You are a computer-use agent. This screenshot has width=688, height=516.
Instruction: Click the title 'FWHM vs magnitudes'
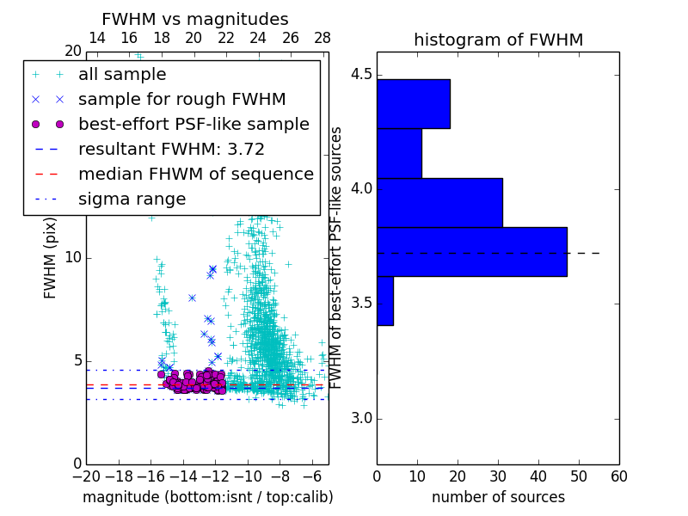[195, 19]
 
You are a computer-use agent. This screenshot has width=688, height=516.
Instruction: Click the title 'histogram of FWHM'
[498, 40]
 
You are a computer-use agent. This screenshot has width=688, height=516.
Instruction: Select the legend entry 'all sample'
[122, 75]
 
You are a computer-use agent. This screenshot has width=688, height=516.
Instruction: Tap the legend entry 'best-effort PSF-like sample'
[193, 124]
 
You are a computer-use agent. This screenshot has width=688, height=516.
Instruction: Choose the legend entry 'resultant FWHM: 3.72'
[171, 149]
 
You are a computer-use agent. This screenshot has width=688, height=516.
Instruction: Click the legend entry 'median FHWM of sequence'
[195, 174]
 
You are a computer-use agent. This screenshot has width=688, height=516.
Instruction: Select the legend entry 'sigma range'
[132, 199]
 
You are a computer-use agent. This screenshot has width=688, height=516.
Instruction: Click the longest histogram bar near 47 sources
[471, 252]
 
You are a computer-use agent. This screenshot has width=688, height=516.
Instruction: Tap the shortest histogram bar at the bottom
[384, 301]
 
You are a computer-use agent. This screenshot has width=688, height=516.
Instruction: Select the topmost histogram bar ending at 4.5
[413, 103]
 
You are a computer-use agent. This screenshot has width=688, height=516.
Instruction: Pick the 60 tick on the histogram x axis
[618, 475]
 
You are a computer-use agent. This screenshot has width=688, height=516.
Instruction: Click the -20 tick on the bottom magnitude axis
[86, 476]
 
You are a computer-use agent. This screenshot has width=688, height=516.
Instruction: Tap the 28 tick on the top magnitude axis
[322, 38]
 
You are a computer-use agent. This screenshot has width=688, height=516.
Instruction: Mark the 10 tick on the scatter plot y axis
[74, 258]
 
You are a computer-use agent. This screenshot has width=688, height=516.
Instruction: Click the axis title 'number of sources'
[498, 497]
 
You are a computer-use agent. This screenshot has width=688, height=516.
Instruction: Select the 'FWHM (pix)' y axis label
[51, 258]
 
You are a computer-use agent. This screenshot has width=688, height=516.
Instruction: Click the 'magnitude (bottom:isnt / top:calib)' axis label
[207, 497]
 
